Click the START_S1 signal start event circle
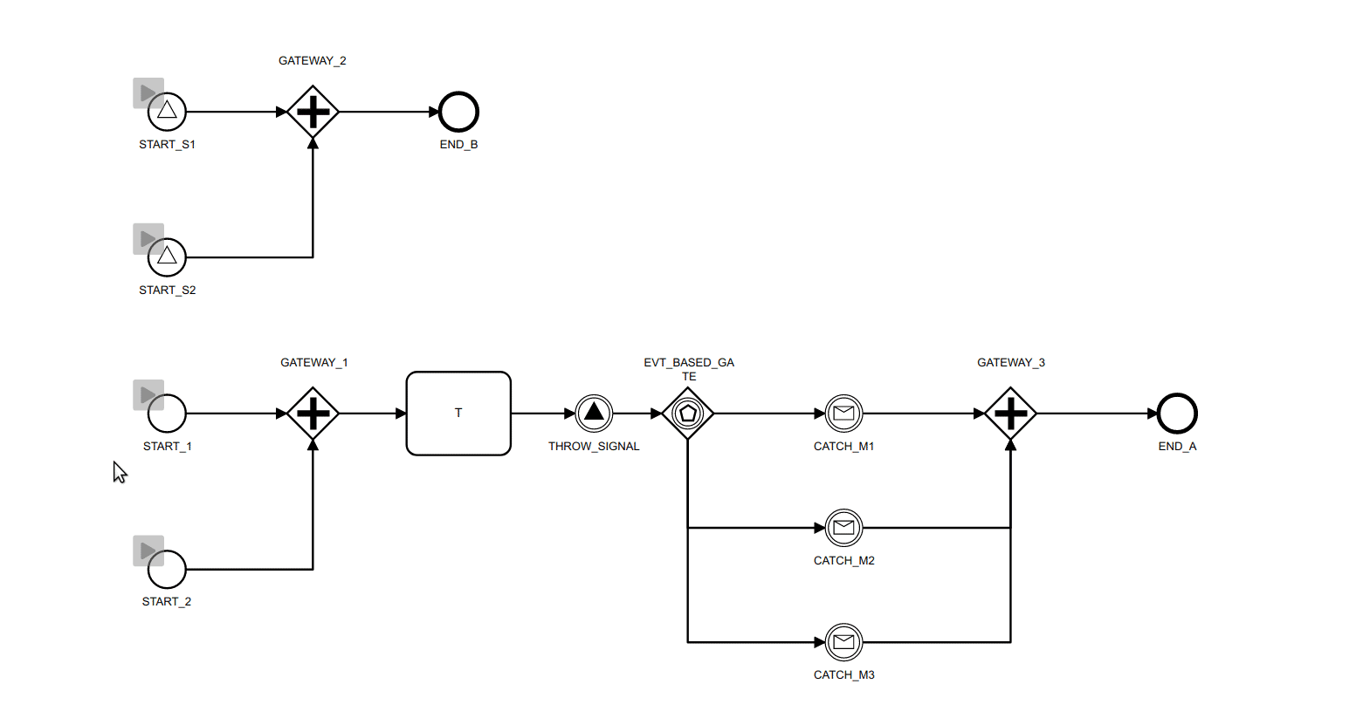(167, 112)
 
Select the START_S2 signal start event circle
(167, 257)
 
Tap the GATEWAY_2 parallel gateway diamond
(313, 112)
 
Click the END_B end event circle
(458, 112)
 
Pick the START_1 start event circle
(167, 414)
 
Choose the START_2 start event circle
(167, 570)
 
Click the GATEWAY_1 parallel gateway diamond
(313, 414)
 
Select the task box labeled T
(458, 414)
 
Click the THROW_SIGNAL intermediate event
(594, 414)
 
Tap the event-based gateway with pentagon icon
(688, 414)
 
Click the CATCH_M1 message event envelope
(843, 414)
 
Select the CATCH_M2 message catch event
(843, 528)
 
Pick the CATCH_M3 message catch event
(843, 642)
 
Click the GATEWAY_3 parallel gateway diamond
(1010, 414)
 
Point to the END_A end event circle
(1177, 414)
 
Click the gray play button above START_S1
(148, 92)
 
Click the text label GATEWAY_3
(1010, 363)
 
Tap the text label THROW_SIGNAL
(594, 447)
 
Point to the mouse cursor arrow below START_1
(119, 471)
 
